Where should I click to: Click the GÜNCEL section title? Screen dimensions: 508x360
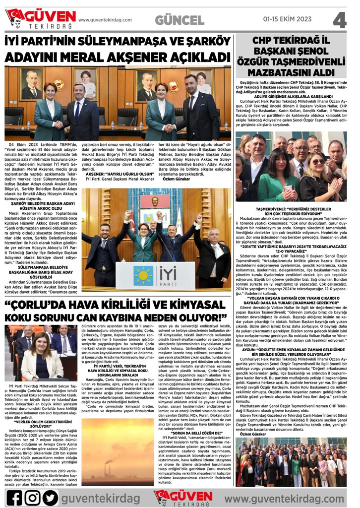point(180,20)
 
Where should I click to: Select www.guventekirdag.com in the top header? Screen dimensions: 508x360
point(105,20)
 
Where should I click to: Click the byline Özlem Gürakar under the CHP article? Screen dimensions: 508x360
point(254,434)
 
